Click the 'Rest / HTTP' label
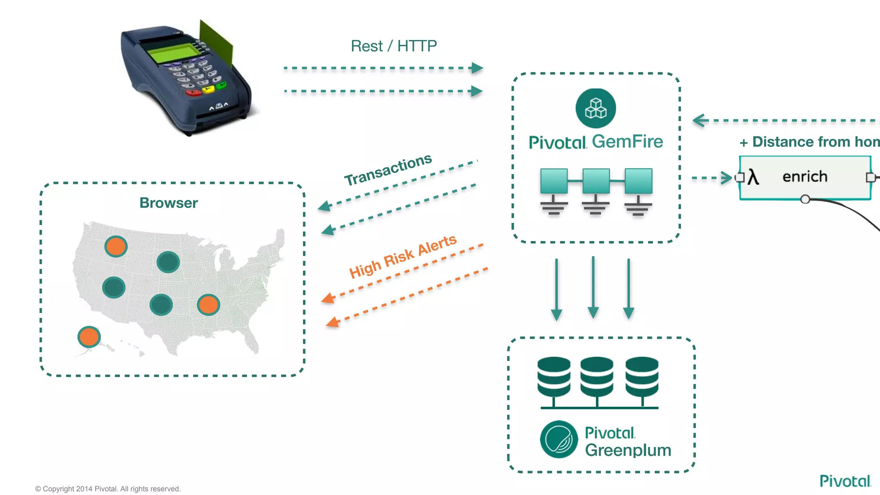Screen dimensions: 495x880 point(394,46)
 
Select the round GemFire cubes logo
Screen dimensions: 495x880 point(596,108)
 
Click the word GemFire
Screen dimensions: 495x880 point(627,141)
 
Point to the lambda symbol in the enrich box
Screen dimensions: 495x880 point(753,177)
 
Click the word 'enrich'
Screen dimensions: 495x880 point(805,177)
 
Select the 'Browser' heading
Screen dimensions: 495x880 point(168,203)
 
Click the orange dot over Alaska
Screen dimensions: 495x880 point(89,336)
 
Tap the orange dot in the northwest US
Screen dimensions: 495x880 point(116,247)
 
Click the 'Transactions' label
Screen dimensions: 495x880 point(388,170)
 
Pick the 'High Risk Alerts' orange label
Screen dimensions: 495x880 point(403,257)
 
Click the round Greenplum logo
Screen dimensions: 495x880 point(559,439)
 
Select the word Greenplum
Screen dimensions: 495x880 point(628,450)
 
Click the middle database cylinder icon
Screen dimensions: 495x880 point(597,377)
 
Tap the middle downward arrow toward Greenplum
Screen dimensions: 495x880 point(593,288)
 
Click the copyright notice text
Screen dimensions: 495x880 point(108,489)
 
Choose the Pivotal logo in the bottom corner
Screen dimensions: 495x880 point(845,481)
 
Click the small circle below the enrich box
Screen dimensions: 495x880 point(805,199)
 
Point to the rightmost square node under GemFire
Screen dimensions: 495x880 point(639,181)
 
